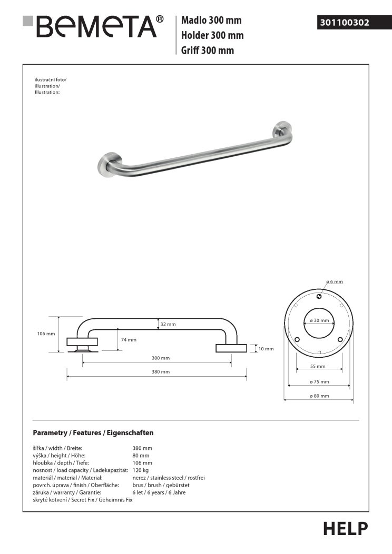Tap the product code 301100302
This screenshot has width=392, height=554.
pyautogui.click(x=344, y=23)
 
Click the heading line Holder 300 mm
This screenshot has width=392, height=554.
pyautogui.click(x=212, y=36)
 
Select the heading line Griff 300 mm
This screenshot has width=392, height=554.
pyautogui.click(x=208, y=51)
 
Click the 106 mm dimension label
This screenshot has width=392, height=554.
pyautogui.click(x=46, y=334)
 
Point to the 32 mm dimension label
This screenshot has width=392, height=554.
pyautogui.click(x=168, y=325)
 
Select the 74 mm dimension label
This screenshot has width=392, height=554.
pyautogui.click(x=129, y=340)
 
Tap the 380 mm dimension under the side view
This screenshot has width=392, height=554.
pyautogui.click(x=161, y=372)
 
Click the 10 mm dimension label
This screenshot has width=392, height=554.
pyautogui.click(x=266, y=348)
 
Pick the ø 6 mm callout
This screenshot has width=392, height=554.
pyautogui.click(x=334, y=282)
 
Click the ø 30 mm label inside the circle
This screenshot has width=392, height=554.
pyautogui.click(x=319, y=320)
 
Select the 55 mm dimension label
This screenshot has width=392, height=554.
pyautogui.click(x=318, y=366)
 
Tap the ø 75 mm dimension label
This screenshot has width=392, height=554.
pyautogui.click(x=319, y=381)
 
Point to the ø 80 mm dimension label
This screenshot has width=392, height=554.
pyautogui.click(x=319, y=396)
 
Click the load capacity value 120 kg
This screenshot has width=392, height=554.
pyautogui.click(x=141, y=470)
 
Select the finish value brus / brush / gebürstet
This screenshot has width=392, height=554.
pyautogui.click(x=161, y=485)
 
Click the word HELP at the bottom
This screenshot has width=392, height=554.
pyautogui.click(x=345, y=528)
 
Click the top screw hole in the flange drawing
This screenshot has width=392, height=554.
pyautogui.click(x=319, y=297)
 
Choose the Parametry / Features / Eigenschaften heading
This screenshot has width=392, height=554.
pyautogui.click(x=93, y=433)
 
